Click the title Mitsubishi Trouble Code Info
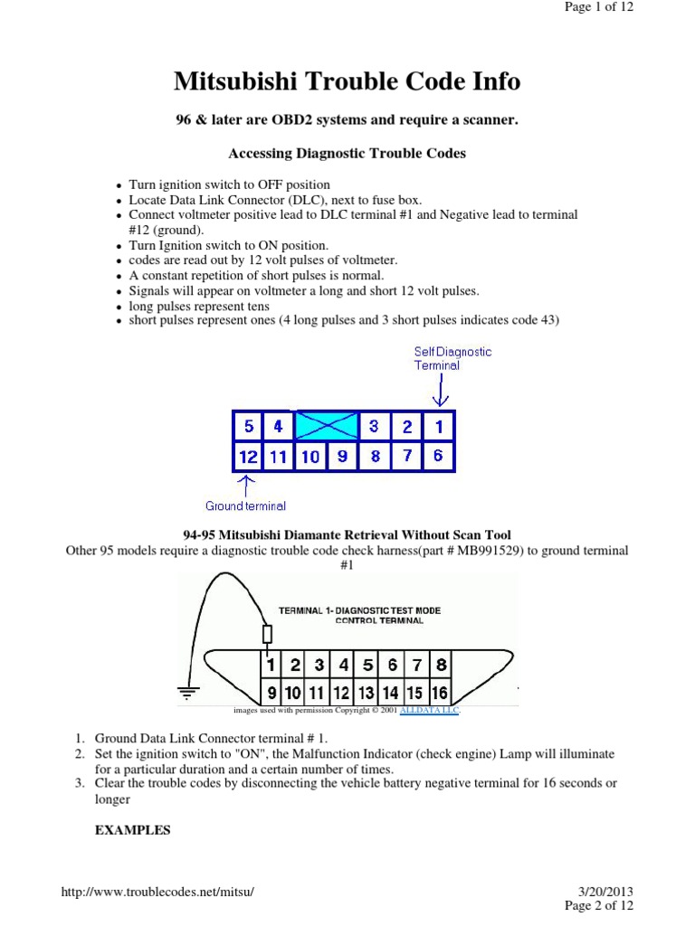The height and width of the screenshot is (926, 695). pyautogui.click(x=347, y=81)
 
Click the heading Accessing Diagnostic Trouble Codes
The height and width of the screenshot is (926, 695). pyautogui.click(x=347, y=153)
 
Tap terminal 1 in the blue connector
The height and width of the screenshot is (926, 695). pyautogui.click(x=437, y=426)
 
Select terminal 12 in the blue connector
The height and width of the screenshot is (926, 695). pyautogui.click(x=248, y=457)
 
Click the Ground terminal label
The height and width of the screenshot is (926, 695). pyautogui.click(x=245, y=506)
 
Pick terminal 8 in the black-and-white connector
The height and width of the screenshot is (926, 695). pyautogui.click(x=440, y=666)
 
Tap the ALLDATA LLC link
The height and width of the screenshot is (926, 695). pyautogui.click(x=436, y=711)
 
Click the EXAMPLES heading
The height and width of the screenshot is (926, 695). pyautogui.click(x=133, y=830)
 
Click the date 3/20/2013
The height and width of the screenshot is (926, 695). pyautogui.click(x=606, y=892)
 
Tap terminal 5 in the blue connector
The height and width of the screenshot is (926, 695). pyautogui.click(x=248, y=426)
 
